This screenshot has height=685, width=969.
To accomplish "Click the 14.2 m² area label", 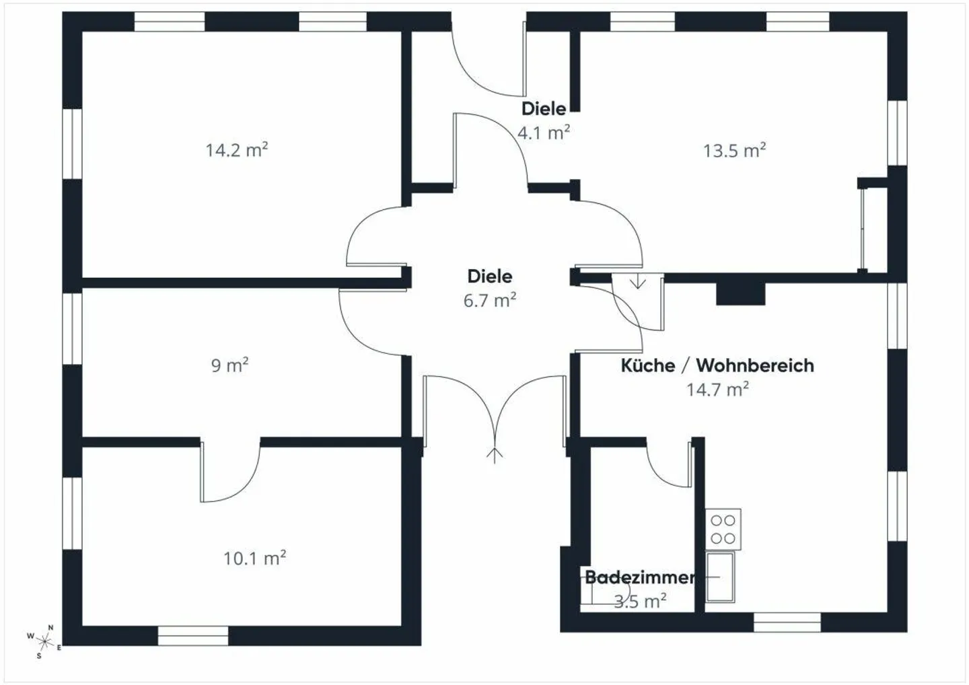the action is pos(237,150).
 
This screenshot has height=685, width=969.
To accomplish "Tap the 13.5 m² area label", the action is pos(734,151).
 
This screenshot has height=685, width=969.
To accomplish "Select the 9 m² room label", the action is pos(229,365).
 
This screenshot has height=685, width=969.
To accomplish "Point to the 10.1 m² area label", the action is pos(254,558).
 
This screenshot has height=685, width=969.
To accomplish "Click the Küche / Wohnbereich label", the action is pos(717,366).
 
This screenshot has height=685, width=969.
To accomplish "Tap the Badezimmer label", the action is pos(640,577).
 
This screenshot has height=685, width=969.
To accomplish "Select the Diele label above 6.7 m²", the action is pos(490,277).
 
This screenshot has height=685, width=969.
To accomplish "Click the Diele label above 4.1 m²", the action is pos(543,108).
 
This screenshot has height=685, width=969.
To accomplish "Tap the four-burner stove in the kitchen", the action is pos(723,530).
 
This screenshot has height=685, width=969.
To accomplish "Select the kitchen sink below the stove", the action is pos(720,577).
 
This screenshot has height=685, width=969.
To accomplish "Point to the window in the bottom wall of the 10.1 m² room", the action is pos(193,636).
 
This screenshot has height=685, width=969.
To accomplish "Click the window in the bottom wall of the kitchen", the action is pos(787,622).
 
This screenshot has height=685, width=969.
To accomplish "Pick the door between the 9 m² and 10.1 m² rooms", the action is pos(230,472).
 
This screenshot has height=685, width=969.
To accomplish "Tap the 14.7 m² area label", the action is pos(717,390).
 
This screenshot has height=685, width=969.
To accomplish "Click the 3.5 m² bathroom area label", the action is pos(640,601).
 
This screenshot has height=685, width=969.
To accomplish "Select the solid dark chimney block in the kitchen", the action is pos(741,293).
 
